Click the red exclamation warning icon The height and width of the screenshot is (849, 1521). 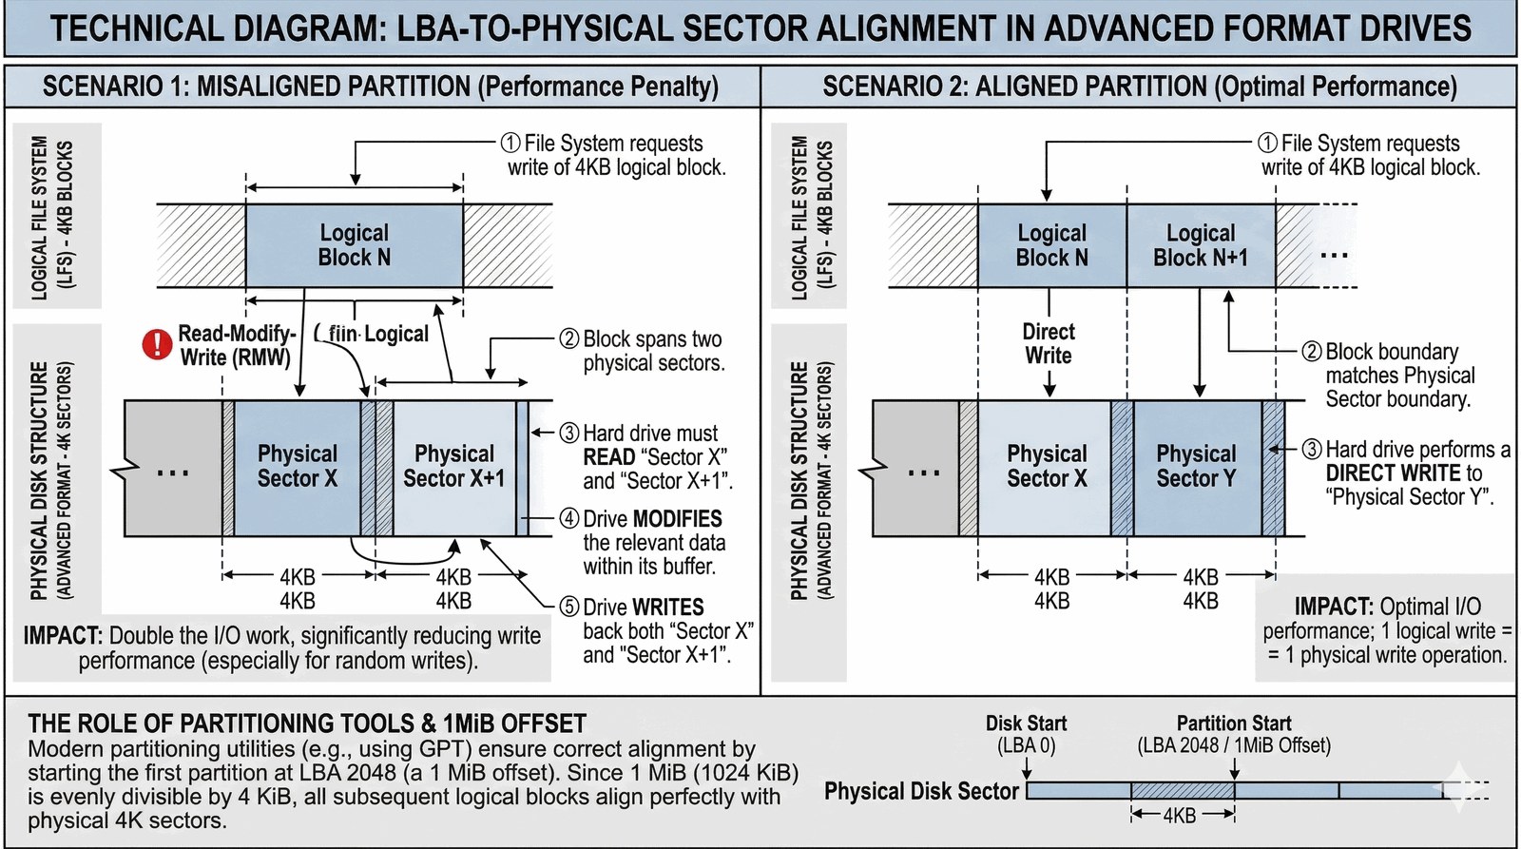pyautogui.click(x=157, y=344)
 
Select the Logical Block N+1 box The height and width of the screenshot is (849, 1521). pyautogui.click(x=1201, y=245)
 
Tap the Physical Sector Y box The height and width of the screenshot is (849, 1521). pyautogui.click(x=1197, y=466)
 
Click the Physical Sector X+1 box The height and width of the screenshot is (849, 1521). pyautogui.click(x=453, y=466)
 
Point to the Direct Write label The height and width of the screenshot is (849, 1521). pyautogui.click(x=1049, y=343)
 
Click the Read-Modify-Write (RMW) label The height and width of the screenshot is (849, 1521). pyautogui.click(x=237, y=345)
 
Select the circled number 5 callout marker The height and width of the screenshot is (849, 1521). pyautogui.click(x=568, y=607)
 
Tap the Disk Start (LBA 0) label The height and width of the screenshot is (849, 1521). pyautogui.click(x=1026, y=734)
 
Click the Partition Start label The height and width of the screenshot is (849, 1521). pyautogui.click(x=1234, y=724)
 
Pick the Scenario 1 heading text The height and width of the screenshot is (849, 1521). pyautogui.click(x=380, y=87)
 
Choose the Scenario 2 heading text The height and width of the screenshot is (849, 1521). pyautogui.click(x=1139, y=87)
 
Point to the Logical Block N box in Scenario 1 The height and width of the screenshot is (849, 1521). pyautogui.click(x=355, y=245)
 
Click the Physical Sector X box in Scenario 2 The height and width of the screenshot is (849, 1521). pyautogui.click(x=1046, y=466)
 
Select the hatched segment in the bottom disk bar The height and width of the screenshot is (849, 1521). pyautogui.click(x=1182, y=790)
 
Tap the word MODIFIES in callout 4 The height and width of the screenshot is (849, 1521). pyautogui.click(x=678, y=519)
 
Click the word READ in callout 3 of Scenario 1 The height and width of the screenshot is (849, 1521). pyautogui.click(x=609, y=457)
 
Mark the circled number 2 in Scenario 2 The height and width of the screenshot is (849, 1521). pyautogui.click(x=1312, y=351)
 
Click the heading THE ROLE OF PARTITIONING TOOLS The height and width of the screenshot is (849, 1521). pyautogui.click(x=307, y=724)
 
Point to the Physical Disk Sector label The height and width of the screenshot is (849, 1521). pyautogui.click(x=921, y=791)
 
